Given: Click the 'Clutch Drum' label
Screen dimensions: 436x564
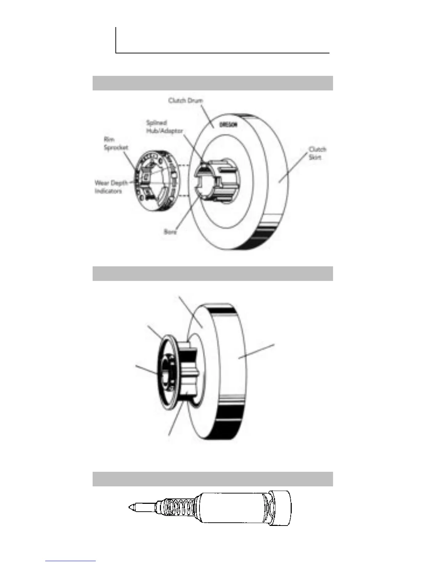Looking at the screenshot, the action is pos(185,101).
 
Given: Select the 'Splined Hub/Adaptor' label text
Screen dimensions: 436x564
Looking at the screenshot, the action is pos(165,127).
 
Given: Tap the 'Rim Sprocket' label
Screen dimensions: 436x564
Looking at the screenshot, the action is pos(116,143).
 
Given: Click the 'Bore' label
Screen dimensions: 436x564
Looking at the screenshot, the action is pos(170,232).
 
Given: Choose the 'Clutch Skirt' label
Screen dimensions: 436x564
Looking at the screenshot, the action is pos(317,153).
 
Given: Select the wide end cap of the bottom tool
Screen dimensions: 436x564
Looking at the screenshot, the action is pos(281,507).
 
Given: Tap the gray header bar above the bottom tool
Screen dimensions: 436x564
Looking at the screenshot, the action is pos(213,479).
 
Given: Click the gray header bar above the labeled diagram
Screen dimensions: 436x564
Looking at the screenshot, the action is pos(213,83).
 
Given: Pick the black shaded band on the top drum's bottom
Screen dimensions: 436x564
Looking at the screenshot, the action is pos(265,237).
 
